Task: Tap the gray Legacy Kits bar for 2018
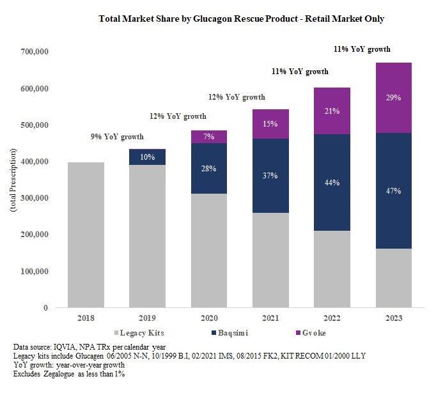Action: coord(86,235)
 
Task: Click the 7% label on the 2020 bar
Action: coord(208,137)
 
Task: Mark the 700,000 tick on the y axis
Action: coord(35,52)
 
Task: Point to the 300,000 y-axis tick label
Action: coord(35,198)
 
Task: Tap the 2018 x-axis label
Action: coord(86,318)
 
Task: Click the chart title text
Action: coord(242,19)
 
